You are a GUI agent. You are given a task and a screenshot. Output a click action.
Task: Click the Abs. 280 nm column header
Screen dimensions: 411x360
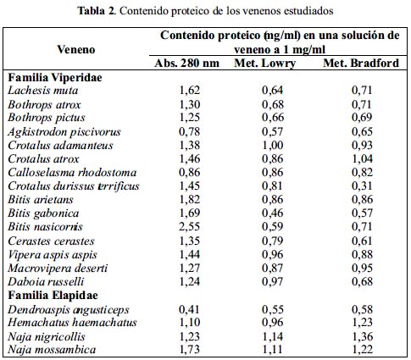pyautogui.click(x=186, y=63)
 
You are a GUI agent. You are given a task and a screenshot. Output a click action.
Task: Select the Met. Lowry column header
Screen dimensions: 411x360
pyautogui.click(x=265, y=64)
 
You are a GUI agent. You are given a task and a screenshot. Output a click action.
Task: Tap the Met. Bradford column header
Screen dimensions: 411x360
pyautogui.click(x=361, y=63)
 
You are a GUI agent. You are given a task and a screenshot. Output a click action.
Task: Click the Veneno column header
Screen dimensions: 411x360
pyautogui.click(x=76, y=49)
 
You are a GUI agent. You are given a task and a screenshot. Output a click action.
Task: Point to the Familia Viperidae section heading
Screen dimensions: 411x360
pyautogui.click(x=55, y=77)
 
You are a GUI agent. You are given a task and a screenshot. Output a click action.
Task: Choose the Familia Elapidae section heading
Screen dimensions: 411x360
pyautogui.click(x=53, y=296)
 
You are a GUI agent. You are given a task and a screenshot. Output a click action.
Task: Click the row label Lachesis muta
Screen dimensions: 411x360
pyautogui.click(x=43, y=91)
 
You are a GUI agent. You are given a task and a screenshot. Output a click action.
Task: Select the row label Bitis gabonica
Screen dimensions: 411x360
pyautogui.click(x=43, y=213)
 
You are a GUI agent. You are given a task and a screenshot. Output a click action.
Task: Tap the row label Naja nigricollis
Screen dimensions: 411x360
pyautogui.click(x=47, y=336)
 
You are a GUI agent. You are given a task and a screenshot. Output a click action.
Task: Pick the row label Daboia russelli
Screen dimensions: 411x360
pyautogui.click(x=46, y=281)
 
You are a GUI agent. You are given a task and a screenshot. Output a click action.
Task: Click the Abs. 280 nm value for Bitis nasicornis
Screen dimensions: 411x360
pyautogui.click(x=190, y=227)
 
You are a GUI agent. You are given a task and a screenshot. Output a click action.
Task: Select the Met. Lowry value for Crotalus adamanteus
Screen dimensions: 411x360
pyautogui.click(x=273, y=145)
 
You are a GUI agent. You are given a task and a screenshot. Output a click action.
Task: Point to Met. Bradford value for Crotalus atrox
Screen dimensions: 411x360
pyautogui.click(x=363, y=158)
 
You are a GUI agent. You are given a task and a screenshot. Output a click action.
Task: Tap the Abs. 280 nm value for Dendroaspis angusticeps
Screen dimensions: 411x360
pyautogui.click(x=190, y=309)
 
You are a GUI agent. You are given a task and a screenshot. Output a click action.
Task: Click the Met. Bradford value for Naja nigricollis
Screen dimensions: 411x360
pyautogui.click(x=363, y=336)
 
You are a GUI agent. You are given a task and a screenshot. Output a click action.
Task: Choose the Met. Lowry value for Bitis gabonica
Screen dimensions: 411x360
pyautogui.click(x=273, y=213)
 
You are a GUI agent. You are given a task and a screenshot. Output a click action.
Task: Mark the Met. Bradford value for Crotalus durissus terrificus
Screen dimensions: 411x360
pyautogui.click(x=363, y=186)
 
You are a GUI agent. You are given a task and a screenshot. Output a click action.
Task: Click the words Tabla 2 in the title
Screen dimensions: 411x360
pyautogui.click(x=97, y=11)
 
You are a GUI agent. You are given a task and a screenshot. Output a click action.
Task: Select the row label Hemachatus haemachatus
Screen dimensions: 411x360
pyautogui.click(x=72, y=322)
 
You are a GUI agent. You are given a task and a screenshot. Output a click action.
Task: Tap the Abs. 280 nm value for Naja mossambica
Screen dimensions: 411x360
pyautogui.click(x=190, y=350)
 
